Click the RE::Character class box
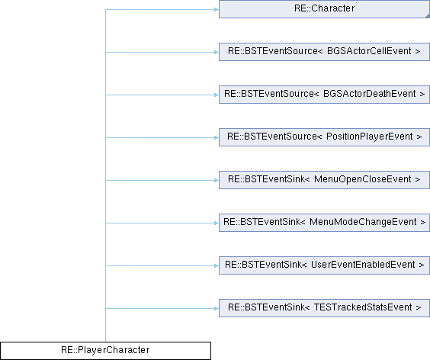pos(324,9)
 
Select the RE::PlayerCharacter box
pos(105,351)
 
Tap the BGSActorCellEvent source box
pos(324,52)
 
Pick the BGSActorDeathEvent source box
pos(324,95)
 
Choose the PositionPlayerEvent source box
pos(324,137)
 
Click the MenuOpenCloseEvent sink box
pos(324,180)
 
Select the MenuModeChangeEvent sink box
pos(324,223)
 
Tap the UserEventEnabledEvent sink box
pos(324,265)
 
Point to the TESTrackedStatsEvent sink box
pos(324,308)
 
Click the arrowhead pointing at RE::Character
pos(217,10)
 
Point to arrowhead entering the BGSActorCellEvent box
pos(217,52)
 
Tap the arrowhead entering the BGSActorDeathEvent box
pos(217,95)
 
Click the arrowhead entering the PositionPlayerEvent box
pos(217,137)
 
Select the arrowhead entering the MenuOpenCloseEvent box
pos(217,180)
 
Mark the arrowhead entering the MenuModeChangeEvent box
pos(217,223)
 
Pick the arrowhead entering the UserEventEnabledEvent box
pos(217,265)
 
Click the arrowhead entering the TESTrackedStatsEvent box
pos(217,308)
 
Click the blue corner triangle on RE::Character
pos(428,16)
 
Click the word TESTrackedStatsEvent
pos(363,307)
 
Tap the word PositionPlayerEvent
pos(370,137)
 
